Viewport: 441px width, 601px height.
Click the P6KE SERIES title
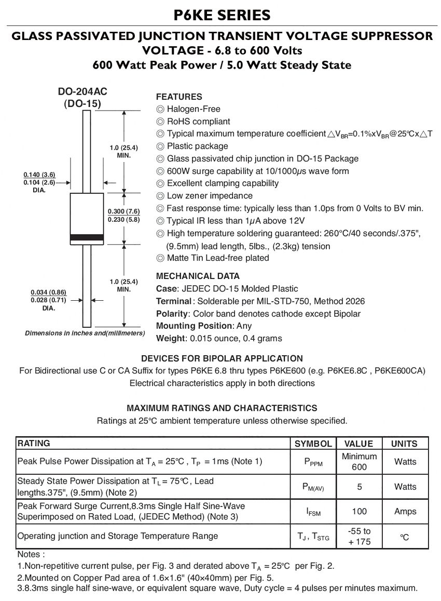pos(222,15)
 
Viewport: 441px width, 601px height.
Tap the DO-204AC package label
pos(82,91)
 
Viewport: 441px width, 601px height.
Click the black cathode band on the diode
pos(87,238)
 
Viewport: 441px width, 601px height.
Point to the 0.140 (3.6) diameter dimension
pos(39,175)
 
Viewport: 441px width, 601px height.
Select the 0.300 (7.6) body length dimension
pos(123,211)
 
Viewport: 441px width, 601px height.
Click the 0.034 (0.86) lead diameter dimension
pos(49,292)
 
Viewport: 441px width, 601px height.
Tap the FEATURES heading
pos(179,97)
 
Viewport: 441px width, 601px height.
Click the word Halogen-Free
pos(194,109)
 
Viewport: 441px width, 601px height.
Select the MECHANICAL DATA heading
pos(198,276)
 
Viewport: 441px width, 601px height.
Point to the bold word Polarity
pos(171,314)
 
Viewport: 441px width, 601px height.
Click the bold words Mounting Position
pos(195,326)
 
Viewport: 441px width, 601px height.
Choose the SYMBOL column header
pos(313,444)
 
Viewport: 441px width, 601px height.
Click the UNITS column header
pos(404,444)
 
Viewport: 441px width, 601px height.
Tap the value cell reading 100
pos(359,512)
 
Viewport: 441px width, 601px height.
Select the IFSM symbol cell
pos(313,512)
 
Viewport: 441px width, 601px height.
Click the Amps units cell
pos(405,512)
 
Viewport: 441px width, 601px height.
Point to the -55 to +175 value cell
pos(359,537)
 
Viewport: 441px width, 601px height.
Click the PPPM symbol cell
pos(313,462)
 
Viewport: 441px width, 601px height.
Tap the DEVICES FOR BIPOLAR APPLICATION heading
pos(222,358)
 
